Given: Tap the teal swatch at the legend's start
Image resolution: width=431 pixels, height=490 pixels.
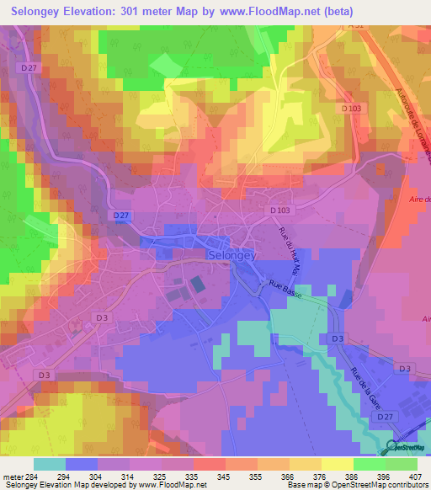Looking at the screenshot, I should (x=50, y=464).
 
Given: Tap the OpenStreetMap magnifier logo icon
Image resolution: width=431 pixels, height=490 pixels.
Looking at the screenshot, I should (x=392, y=446).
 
